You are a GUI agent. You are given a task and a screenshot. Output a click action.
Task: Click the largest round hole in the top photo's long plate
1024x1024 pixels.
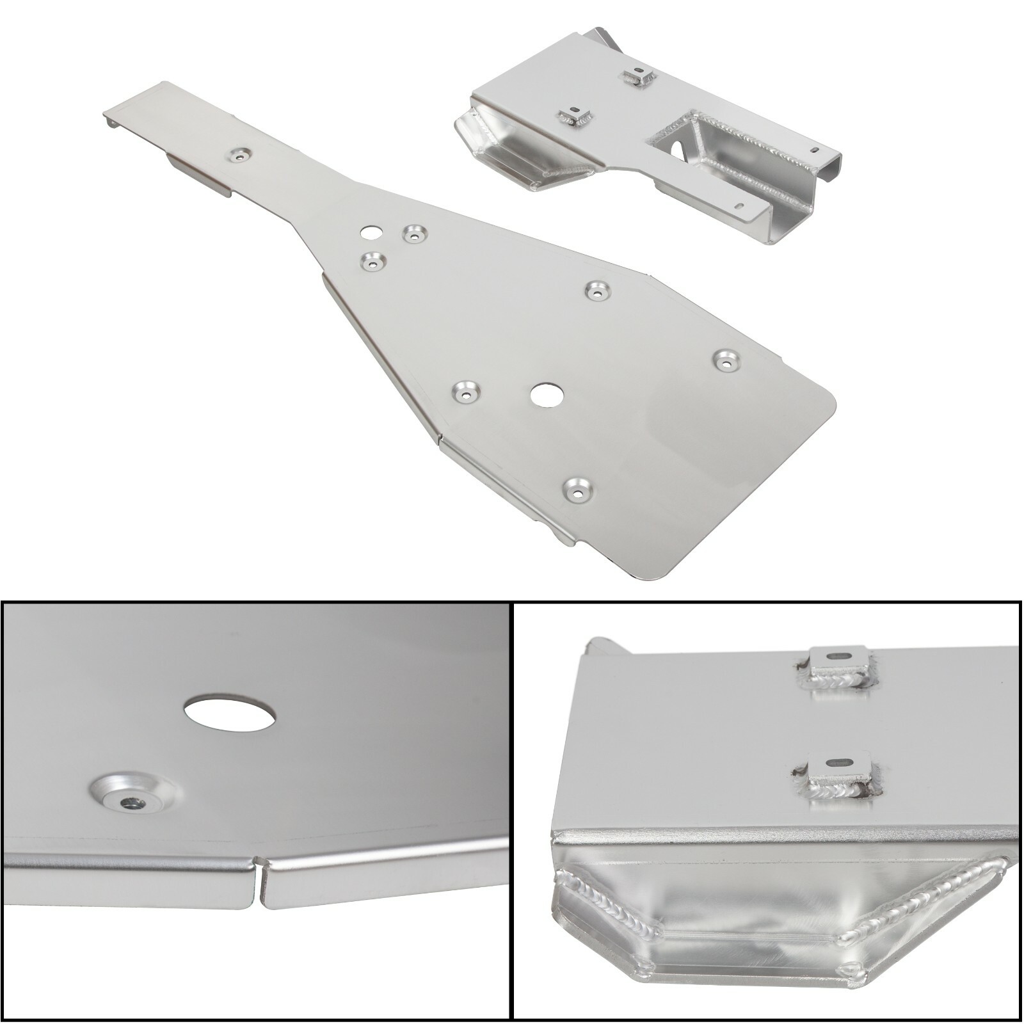click(x=546, y=396)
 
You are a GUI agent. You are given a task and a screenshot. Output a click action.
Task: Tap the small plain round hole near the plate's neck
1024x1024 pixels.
click(x=369, y=232)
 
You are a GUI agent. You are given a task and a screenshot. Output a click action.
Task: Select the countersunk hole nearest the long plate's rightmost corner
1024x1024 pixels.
click(x=726, y=360)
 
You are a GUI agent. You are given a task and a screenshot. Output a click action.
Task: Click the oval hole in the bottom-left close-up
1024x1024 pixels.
click(x=230, y=714)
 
